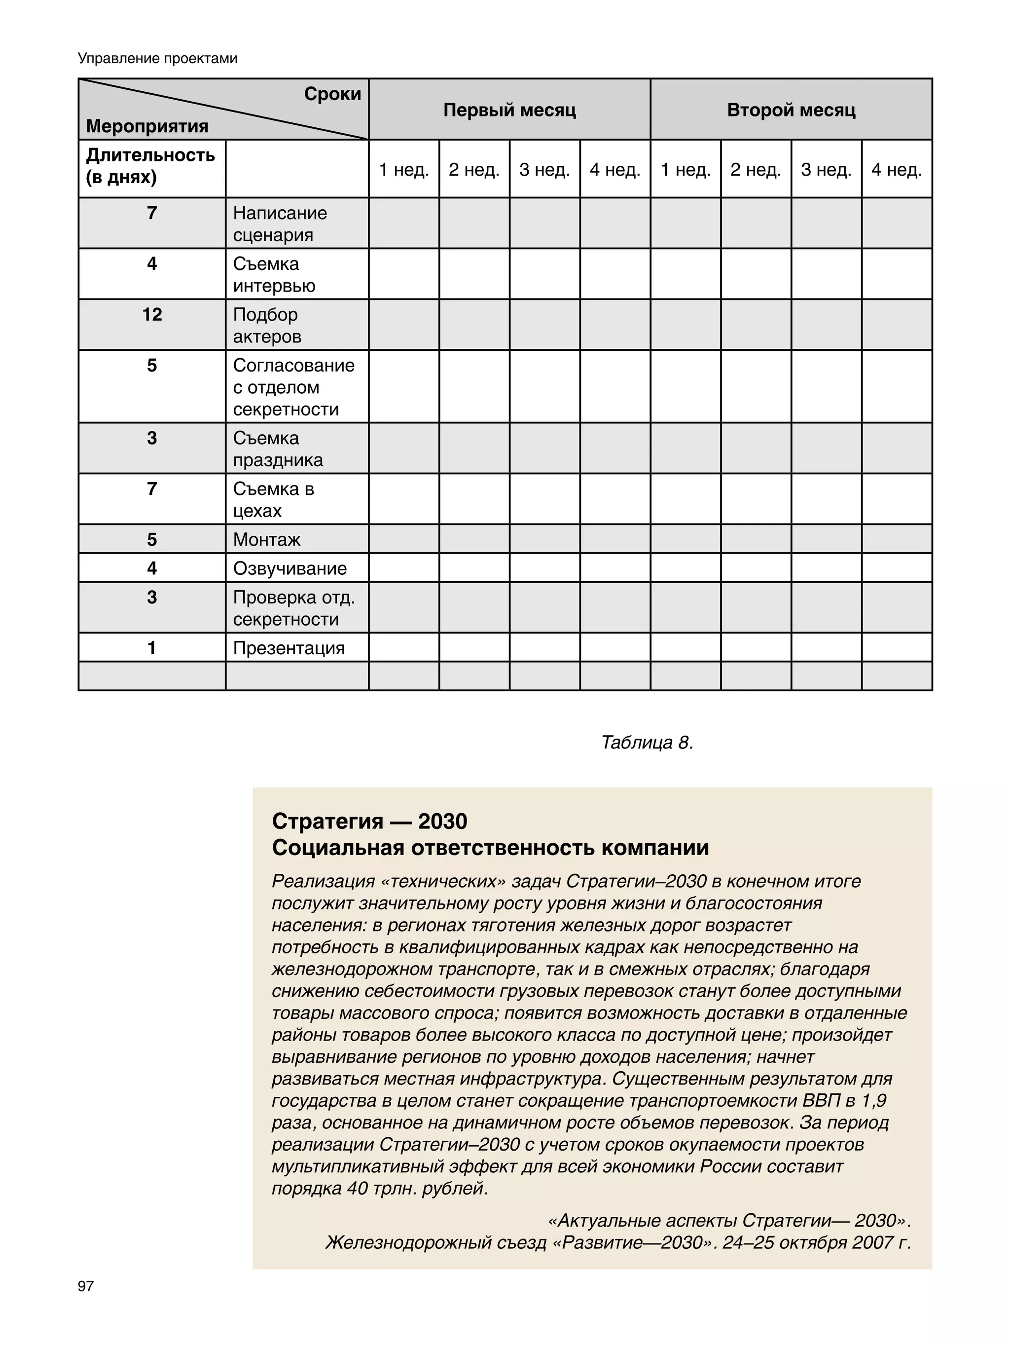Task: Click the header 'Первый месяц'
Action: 509,110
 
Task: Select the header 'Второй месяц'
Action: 791,110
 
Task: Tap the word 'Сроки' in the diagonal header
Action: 332,94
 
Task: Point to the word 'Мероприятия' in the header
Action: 147,126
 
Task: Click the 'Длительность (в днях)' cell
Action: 150,166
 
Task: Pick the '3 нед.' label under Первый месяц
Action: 544,169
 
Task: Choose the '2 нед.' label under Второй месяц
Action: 756,169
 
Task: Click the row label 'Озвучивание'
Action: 290,568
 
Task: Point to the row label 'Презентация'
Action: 289,648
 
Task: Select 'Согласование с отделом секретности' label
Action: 293,387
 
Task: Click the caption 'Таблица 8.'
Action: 647,742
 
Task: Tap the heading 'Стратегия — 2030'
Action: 369,822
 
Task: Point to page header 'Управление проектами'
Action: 158,58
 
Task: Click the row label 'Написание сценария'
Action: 280,224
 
